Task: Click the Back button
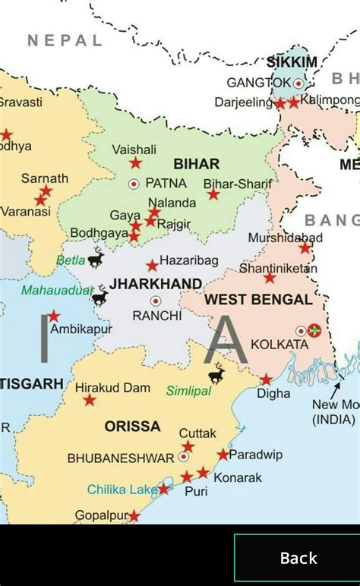point(298,559)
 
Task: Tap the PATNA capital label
point(166,183)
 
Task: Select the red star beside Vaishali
point(135,162)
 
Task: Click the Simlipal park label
point(188,390)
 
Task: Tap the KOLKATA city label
point(279,345)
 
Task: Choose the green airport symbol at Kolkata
point(314,331)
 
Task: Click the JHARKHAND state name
point(156,284)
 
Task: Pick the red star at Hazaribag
point(152,265)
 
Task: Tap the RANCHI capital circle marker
point(156,301)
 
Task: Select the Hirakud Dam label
point(112,388)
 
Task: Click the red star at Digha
point(266,380)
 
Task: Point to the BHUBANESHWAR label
point(121,458)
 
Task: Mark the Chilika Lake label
point(122,490)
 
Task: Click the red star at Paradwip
point(223,454)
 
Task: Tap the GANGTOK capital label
point(259,82)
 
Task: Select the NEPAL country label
point(65,40)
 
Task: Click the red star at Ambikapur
point(54,316)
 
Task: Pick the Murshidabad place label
point(285,238)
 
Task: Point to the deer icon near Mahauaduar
point(100,295)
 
